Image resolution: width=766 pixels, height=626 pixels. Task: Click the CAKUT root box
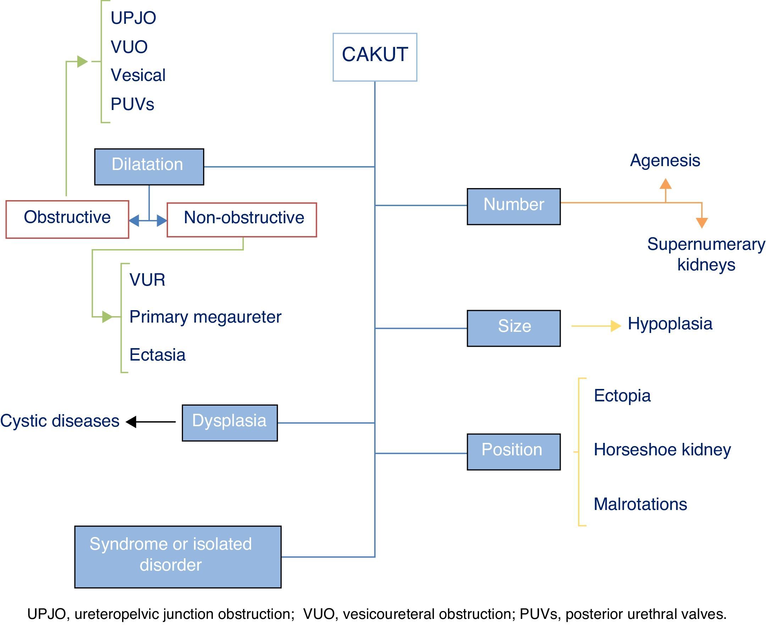point(375,57)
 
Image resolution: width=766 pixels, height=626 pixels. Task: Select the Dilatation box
point(149,166)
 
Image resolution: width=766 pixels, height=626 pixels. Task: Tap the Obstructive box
point(67,219)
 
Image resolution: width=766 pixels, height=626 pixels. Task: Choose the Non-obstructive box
point(242,220)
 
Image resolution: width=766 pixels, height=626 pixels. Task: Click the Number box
point(514,206)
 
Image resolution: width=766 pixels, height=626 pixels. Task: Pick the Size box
point(514,328)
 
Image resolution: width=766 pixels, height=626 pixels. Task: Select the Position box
point(514,451)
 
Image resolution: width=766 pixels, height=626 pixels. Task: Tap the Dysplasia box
point(229,422)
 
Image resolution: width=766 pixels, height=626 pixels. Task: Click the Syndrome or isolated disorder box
point(178,556)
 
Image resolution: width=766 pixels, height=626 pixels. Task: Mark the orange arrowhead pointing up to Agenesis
point(665,184)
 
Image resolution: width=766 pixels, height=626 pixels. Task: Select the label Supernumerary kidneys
point(706,254)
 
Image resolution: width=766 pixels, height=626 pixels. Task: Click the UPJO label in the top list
point(133,18)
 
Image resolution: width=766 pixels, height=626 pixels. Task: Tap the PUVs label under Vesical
point(132,104)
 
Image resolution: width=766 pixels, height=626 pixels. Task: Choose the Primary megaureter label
point(205,317)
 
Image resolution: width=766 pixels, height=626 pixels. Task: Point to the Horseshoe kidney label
point(662,450)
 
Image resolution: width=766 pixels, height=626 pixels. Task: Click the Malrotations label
point(640,504)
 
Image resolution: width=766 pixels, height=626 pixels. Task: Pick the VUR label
point(148,280)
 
